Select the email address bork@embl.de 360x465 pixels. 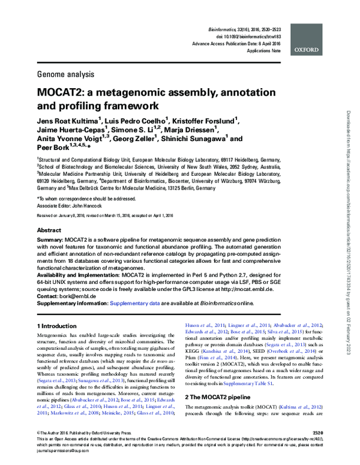75,296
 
